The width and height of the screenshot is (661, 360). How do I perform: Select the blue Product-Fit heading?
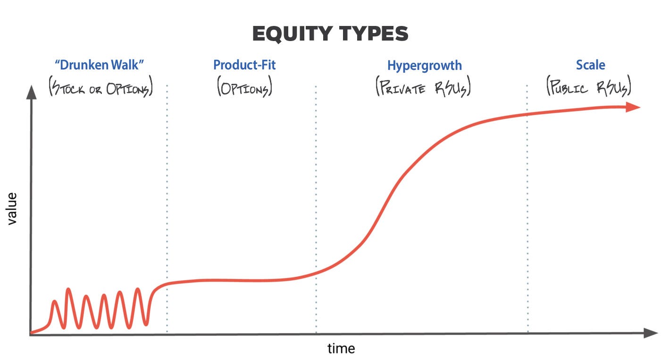point(244,65)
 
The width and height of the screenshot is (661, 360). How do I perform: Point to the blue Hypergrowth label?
point(424,65)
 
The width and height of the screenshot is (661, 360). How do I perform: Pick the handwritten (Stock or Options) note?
point(101,88)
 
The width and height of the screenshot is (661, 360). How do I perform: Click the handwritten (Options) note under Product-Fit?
point(244,88)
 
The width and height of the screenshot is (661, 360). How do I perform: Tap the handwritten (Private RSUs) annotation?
point(424,88)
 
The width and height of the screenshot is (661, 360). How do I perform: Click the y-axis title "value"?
point(11,208)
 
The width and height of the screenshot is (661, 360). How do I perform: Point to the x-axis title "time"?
point(341,349)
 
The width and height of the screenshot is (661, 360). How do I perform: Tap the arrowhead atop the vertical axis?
point(31,92)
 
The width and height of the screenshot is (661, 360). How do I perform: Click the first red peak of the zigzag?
point(55,301)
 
